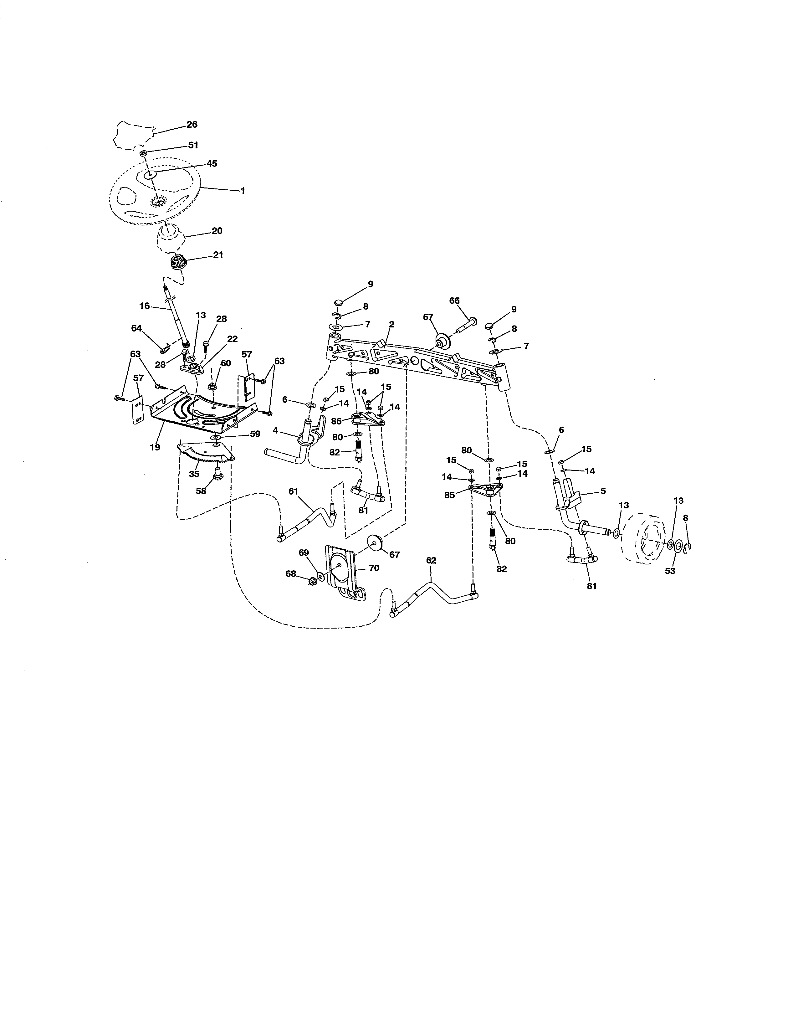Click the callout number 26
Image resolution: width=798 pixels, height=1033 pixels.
pos(192,124)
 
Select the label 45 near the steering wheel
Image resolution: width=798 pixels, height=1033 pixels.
pos(212,164)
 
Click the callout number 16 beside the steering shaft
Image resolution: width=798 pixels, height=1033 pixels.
pos(145,306)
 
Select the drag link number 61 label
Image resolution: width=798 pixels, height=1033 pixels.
pos(294,491)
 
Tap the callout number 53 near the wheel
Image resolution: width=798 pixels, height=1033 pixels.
pos(670,571)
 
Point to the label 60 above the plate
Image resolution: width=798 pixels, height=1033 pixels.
pos(226,363)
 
